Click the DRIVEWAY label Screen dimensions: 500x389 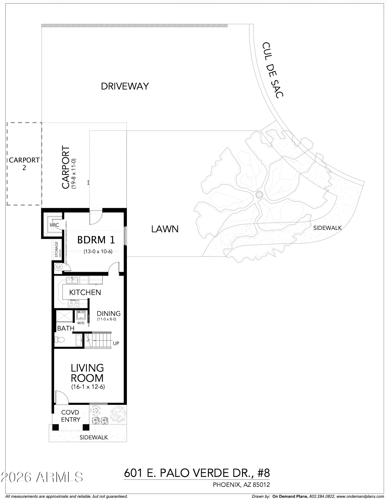(125, 86)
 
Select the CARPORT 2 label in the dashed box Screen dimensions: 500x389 (24, 164)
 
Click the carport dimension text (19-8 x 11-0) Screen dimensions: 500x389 (74, 173)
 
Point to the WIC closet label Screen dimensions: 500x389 (54, 225)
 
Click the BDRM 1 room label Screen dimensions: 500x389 (96, 240)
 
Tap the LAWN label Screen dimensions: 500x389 (165, 229)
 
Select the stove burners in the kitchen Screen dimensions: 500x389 (74, 303)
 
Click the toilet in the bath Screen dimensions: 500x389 (60, 339)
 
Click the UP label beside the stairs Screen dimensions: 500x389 (116, 343)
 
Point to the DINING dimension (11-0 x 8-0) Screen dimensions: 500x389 (107, 319)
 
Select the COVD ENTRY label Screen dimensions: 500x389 (70, 416)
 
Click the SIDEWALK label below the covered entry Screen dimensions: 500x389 (94, 437)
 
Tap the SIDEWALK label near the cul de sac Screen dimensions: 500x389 (327, 228)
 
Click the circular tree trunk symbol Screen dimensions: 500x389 (259, 194)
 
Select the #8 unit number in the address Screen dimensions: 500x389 (263, 473)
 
